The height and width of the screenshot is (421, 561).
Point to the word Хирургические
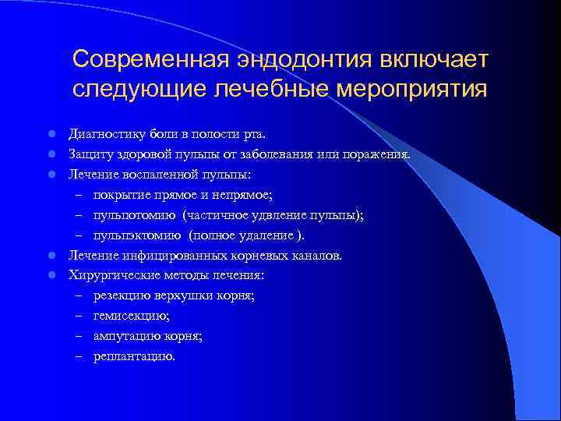(x=111, y=275)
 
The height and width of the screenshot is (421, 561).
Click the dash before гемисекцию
(x=79, y=316)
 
